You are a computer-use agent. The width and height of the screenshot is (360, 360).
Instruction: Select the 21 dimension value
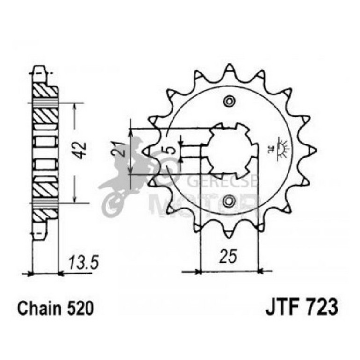point(120,149)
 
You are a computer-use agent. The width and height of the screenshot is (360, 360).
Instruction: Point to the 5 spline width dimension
point(172,150)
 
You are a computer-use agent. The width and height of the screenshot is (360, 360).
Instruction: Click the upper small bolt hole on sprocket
point(229,101)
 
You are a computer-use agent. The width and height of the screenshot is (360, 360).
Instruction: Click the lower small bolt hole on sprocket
point(229,201)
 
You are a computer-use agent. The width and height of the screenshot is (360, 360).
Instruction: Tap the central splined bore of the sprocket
point(229,151)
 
